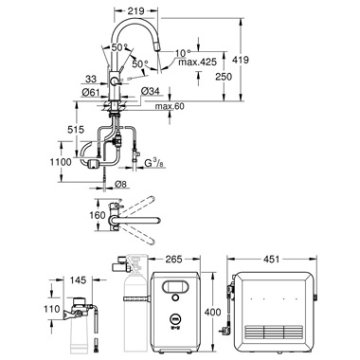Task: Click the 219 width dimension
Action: tap(136, 10)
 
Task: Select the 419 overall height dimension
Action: tap(241, 60)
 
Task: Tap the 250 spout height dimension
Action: tap(224, 77)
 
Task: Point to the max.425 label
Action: tap(198, 62)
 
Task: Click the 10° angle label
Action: tap(183, 53)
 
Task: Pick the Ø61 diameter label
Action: tap(91, 92)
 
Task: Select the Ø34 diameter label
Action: tap(151, 92)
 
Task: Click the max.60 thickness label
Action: tap(170, 106)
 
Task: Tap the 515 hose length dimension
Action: tap(76, 129)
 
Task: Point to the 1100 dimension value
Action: tap(61, 162)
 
